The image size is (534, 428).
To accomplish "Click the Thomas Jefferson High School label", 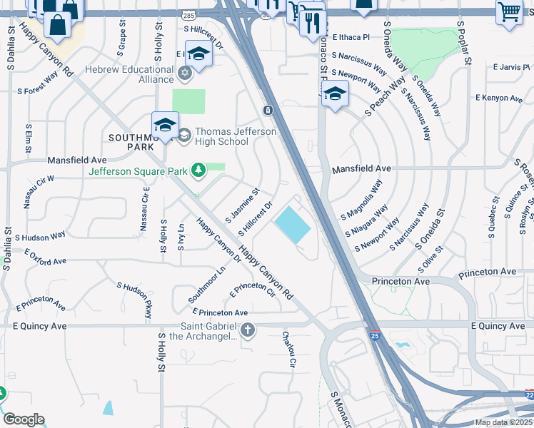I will tap(221, 136).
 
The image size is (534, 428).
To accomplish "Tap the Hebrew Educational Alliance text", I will tap(129, 74).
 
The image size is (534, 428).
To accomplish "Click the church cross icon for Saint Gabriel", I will tap(247, 330).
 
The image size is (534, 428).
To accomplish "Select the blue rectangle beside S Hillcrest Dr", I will tap(293, 225).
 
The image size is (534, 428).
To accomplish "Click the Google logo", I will tap(23, 419).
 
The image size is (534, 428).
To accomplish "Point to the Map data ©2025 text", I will tap(503, 422).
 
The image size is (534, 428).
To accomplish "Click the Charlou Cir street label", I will tap(288, 350).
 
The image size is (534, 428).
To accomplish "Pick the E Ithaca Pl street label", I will tap(351, 36).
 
